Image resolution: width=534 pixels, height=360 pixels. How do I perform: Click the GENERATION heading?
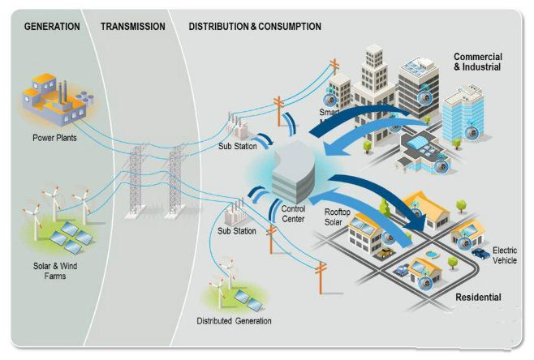(52, 27)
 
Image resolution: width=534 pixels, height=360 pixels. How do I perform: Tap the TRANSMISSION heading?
(133, 27)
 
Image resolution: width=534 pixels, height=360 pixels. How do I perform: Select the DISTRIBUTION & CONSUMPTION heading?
(255, 27)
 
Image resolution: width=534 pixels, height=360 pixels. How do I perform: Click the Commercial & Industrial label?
(477, 62)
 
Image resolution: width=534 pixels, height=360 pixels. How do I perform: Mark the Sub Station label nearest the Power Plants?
(237, 146)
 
